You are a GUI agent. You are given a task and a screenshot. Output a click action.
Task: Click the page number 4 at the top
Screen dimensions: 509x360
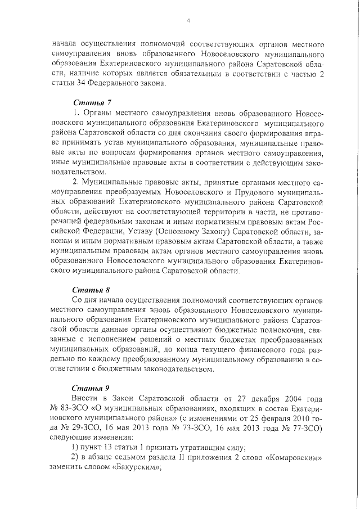(x=188, y=21)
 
